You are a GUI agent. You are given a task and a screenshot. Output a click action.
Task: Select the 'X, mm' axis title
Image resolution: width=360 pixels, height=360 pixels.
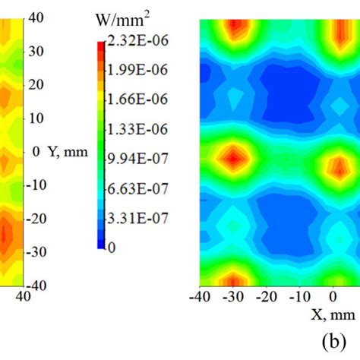[x=334, y=313]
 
